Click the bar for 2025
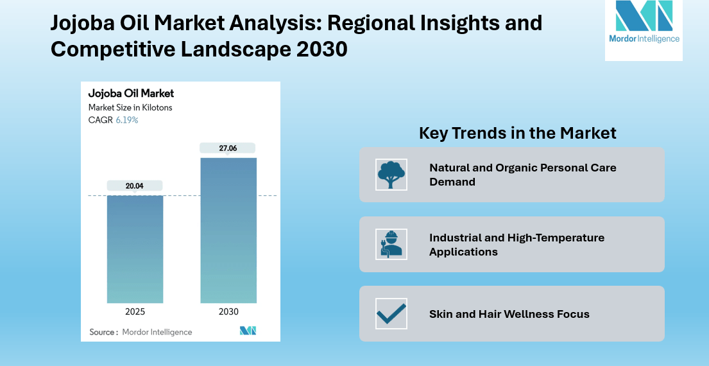click(135, 248)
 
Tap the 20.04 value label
click(135, 186)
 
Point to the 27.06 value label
click(228, 148)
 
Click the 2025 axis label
click(135, 312)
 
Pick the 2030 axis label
click(228, 312)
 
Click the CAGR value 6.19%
click(126, 120)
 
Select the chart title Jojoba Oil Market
click(131, 94)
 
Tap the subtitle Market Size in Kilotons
click(130, 108)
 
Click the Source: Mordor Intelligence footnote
click(141, 332)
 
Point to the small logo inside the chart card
click(248, 331)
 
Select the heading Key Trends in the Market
click(517, 133)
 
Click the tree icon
click(391, 175)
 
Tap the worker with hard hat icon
click(391, 244)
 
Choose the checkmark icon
click(391, 313)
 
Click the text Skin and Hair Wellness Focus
click(509, 314)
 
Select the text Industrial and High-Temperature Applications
click(517, 245)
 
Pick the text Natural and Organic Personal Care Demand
click(522, 175)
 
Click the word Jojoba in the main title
click(85, 23)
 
